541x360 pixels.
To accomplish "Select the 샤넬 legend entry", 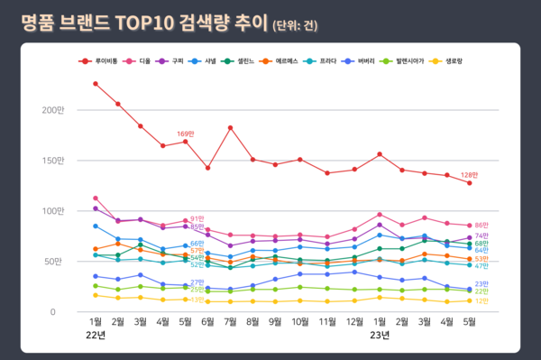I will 210,60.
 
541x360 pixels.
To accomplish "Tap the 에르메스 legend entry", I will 288,60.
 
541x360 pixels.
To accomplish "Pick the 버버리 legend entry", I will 366,60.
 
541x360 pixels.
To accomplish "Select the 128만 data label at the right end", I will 469,174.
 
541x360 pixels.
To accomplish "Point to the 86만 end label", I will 481,226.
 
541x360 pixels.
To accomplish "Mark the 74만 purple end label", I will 481,235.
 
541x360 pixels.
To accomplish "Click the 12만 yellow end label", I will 481,300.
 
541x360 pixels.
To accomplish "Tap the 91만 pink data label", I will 197,218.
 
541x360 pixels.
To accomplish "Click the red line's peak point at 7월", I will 231,128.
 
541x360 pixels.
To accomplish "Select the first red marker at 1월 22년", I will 96,84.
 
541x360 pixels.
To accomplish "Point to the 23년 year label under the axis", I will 380,336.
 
